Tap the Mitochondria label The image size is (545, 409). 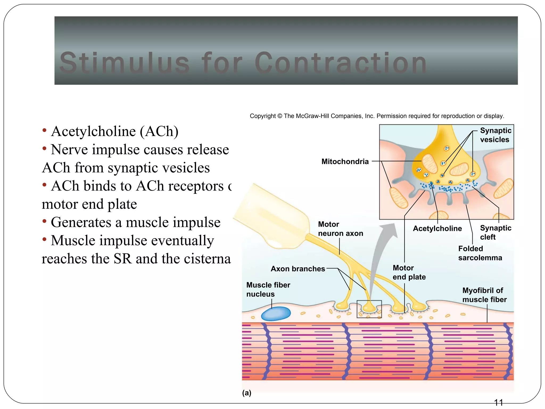[x=345, y=161]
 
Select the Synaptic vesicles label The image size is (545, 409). [x=495, y=135]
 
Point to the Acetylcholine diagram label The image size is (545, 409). [x=437, y=228]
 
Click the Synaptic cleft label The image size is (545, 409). [x=495, y=232]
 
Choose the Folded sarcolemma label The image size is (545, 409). [x=480, y=253]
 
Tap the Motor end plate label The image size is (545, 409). [x=409, y=272]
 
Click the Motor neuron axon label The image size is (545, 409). [x=340, y=229]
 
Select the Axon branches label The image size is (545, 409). [x=298, y=269]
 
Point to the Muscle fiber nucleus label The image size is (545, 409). [x=268, y=289]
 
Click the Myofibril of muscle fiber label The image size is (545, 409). [x=484, y=295]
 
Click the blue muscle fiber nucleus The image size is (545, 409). [x=276, y=314]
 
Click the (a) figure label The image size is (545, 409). [x=247, y=393]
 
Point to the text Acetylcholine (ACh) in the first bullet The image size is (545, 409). [x=115, y=131]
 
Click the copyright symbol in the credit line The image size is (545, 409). [x=279, y=116]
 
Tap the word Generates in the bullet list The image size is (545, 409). [x=86, y=222]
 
